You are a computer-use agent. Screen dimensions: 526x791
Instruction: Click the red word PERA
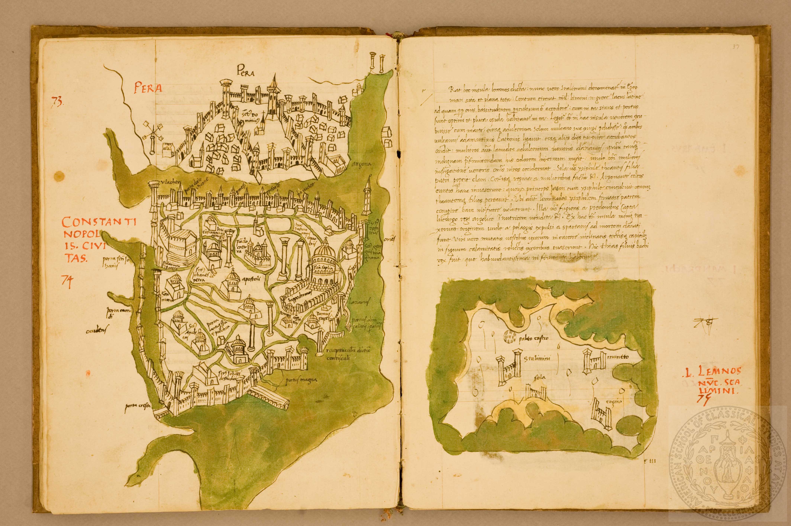148,89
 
